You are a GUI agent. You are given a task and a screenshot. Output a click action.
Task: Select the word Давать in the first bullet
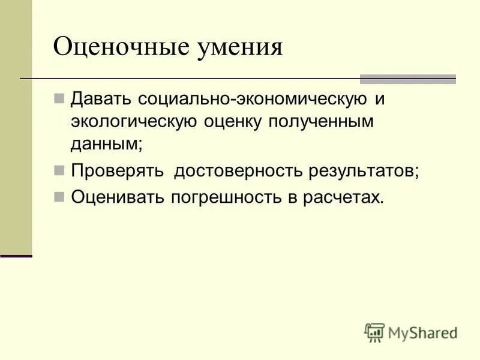(101, 98)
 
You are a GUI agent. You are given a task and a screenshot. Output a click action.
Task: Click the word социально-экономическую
(251, 98)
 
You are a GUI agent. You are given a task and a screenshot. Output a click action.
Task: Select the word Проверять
(118, 171)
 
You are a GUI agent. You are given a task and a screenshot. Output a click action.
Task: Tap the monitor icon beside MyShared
(374, 332)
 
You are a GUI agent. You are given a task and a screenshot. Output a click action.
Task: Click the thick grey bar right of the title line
(407, 79)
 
